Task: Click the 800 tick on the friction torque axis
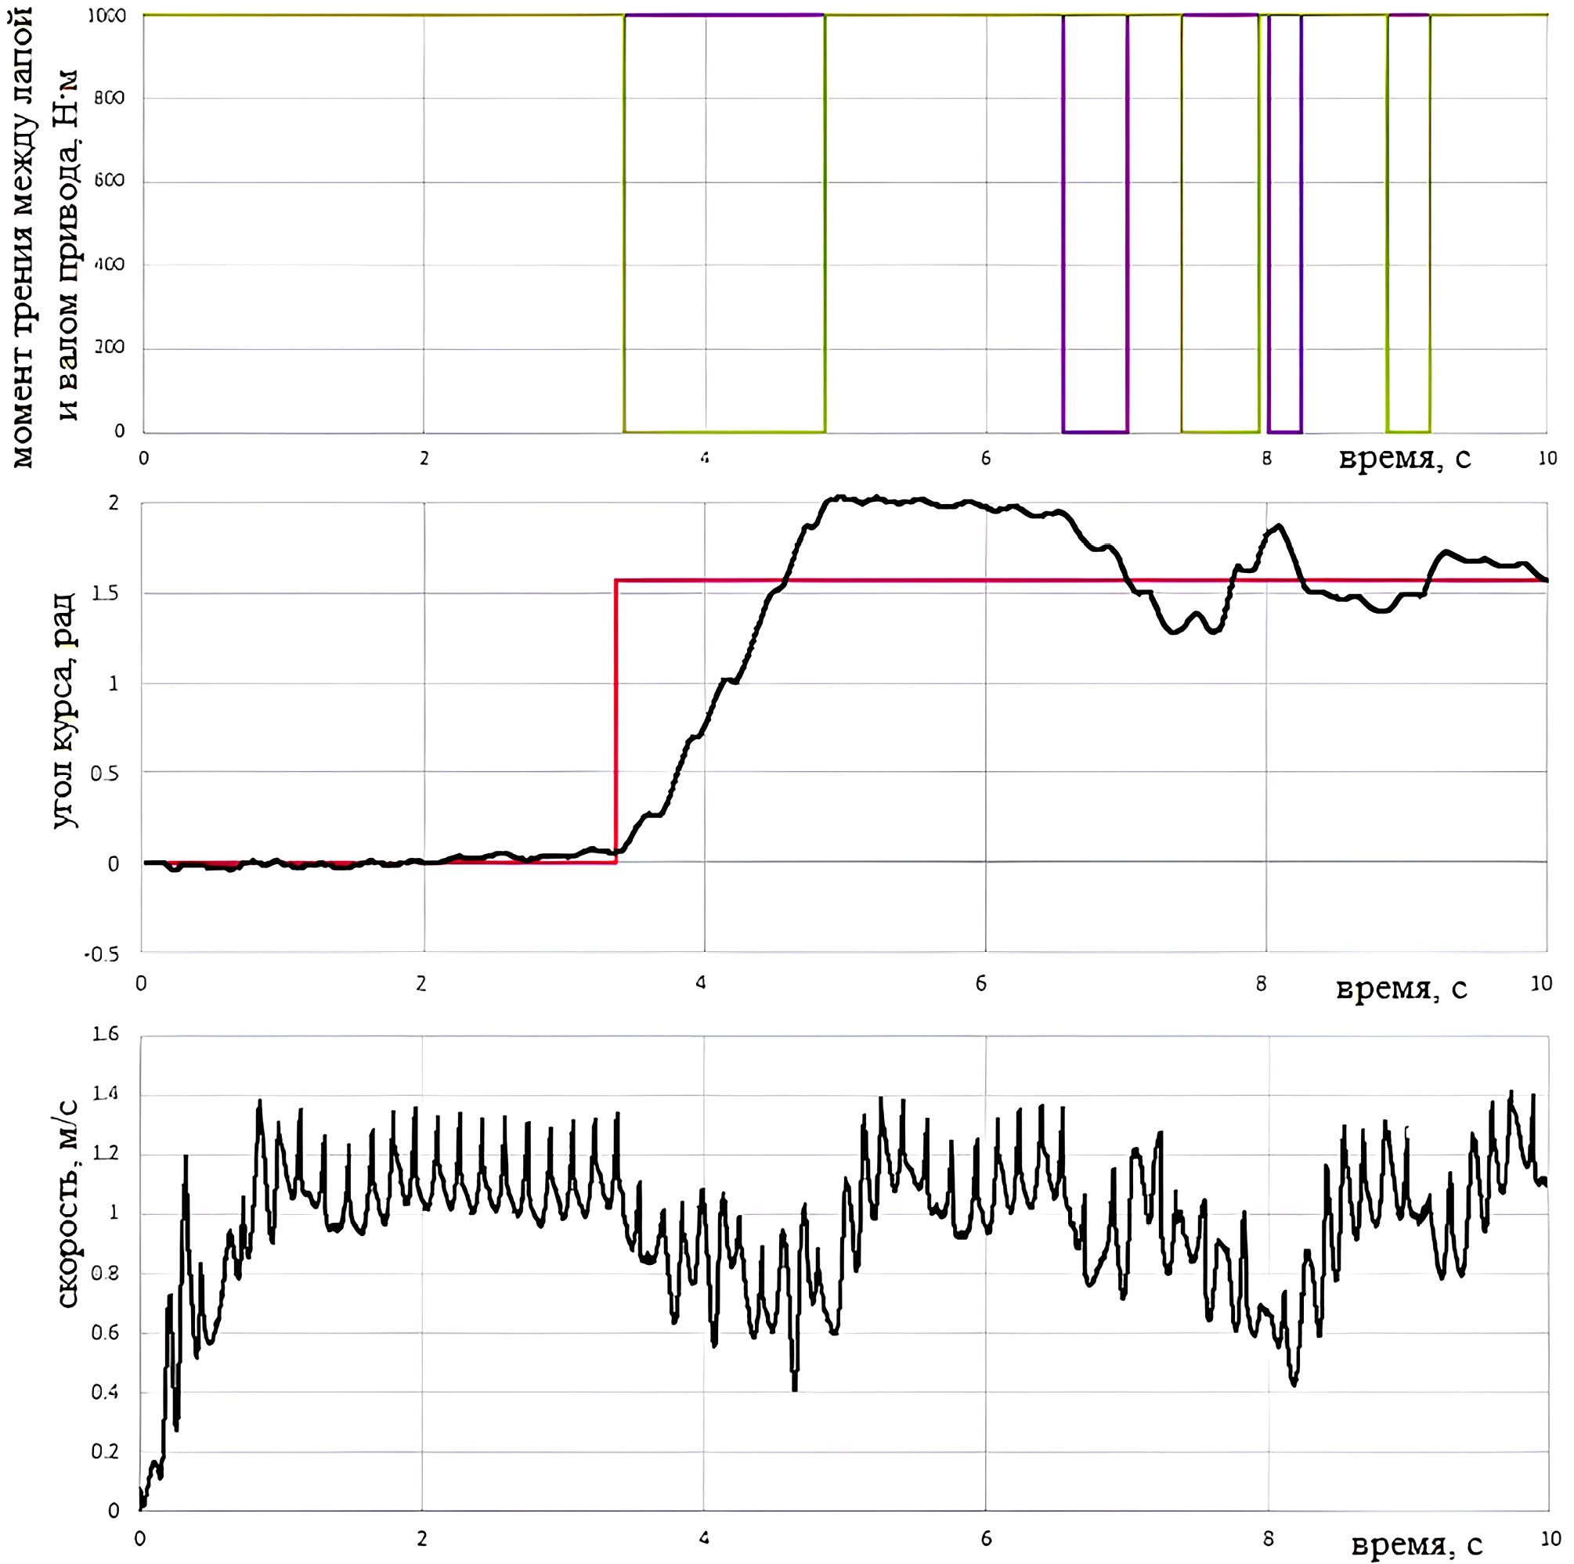(x=109, y=99)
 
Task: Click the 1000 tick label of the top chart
(x=106, y=16)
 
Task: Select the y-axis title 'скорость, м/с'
(x=67, y=1205)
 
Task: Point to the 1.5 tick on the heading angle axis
(x=105, y=594)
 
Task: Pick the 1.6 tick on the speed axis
(x=105, y=1035)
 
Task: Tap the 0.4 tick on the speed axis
(x=105, y=1392)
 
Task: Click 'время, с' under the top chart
(x=1405, y=459)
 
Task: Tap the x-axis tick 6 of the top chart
(x=986, y=459)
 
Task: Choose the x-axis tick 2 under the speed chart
(x=422, y=1539)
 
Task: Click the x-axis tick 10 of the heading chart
(x=1540, y=983)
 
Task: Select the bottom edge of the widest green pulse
(x=724, y=432)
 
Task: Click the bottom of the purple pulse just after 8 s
(x=1285, y=432)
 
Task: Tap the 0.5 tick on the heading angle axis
(x=105, y=774)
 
